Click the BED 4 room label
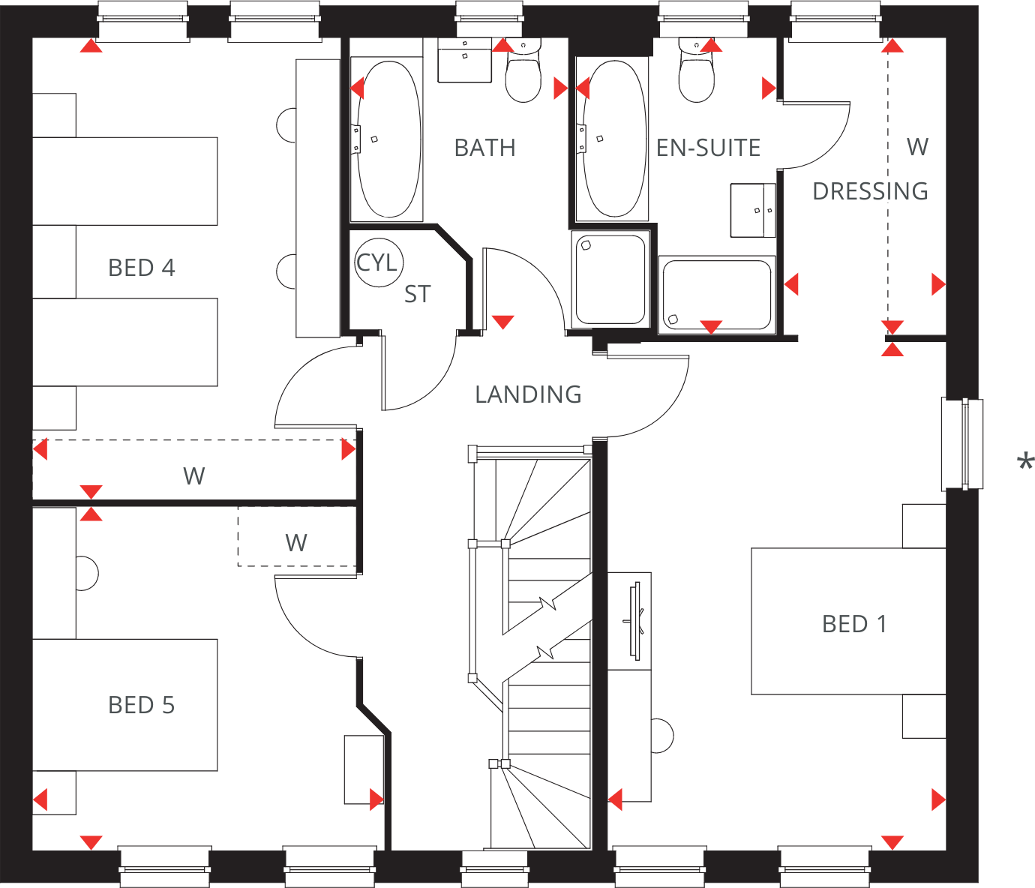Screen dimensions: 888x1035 click(x=141, y=268)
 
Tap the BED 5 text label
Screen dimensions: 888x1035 click(x=141, y=705)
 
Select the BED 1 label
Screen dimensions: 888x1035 click(x=854, y=624)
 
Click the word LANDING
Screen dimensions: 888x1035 click(x=528, y=394)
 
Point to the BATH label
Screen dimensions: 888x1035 click(x=485, y=148)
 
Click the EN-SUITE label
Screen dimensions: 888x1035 click(x=708, y=148)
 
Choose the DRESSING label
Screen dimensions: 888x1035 click(x=870, y=192)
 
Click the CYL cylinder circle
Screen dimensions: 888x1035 click(x=378, y=263)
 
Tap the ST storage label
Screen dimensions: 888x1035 click(x=417, y=295)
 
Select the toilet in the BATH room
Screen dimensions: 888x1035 click(x=523, y=73)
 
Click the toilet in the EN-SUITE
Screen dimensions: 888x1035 click(x=696, y=73)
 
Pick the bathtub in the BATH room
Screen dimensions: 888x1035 click(x=388, y=139)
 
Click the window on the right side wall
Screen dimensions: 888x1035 click(x=962, y=444)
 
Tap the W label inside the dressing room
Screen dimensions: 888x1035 click(x=917, y=147)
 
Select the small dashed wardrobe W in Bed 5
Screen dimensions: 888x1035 click(x=296, y=543)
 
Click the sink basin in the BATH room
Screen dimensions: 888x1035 click(x=464, y=60)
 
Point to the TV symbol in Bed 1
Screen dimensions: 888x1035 click(x=635, y=621)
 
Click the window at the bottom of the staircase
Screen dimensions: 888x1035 click(x=495, y=868)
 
